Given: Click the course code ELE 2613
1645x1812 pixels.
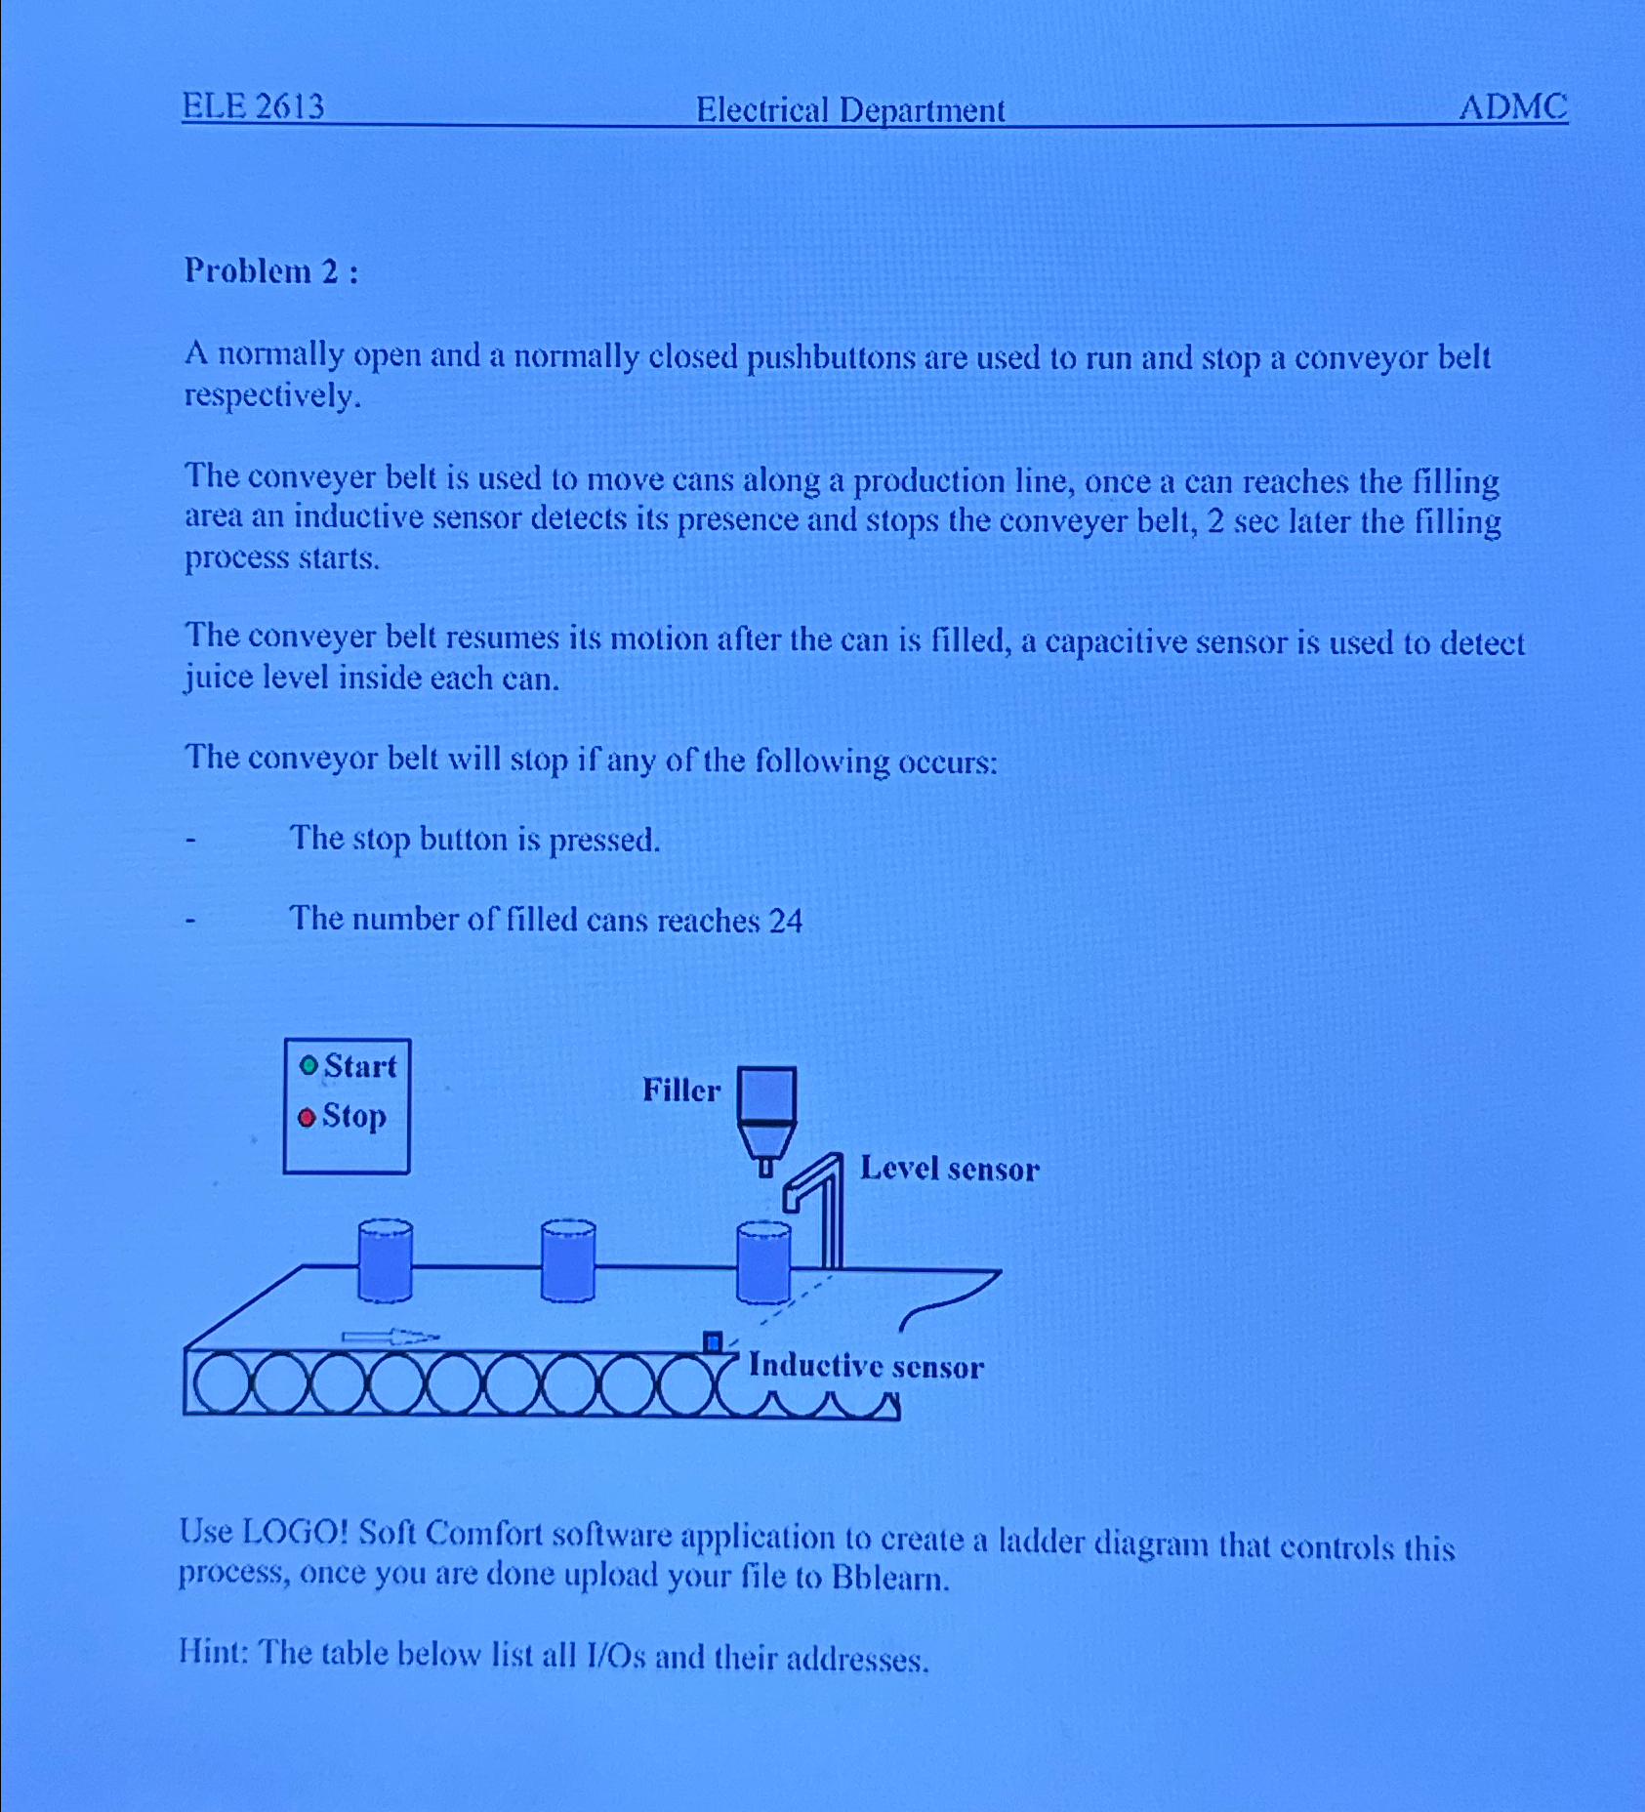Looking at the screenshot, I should pos(253,105).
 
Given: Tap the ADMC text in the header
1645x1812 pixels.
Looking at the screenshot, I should pos(1512,107).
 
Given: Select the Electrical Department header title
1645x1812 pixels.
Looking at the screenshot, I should pos(849,110).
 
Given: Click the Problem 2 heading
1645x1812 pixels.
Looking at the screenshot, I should pos(271,270).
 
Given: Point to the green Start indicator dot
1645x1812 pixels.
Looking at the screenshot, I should pos(308,1065).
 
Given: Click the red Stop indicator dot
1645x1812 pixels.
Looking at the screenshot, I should pos(307,1118).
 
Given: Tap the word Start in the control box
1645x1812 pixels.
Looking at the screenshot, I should pos(360,1065).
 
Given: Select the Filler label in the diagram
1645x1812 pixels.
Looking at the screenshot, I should pos(681,1090).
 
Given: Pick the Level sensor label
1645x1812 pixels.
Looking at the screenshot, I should pos(949,1169).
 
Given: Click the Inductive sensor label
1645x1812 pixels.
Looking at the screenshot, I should pos(866,1366).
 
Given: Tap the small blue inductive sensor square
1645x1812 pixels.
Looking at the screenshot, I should pos(713,1342).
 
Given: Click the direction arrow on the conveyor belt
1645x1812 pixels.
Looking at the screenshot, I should pos(389,1337).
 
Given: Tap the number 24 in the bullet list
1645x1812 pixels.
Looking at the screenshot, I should pos(785,921).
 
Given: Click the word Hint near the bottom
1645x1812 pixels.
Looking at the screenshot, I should pos(213,1653).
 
